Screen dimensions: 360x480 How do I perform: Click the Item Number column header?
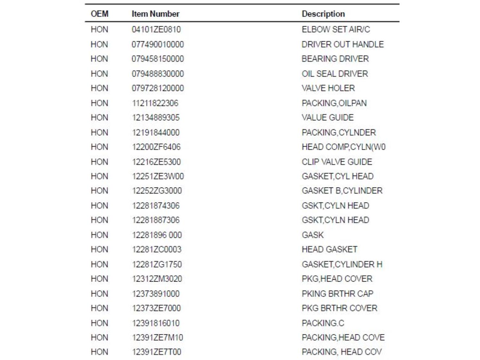(155, 14)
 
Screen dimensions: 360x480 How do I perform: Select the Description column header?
(323, 14)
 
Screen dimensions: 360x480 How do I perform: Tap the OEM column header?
(100, 14)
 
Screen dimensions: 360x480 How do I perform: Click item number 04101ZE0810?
(156, 29)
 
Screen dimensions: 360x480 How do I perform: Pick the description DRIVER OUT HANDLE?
(342, 44)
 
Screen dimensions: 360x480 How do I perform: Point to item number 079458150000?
(158, 59)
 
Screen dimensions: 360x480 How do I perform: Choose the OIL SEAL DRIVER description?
(335, 74)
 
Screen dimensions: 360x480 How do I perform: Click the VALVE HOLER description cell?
(328, 88)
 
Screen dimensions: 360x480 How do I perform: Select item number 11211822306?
(155, 103)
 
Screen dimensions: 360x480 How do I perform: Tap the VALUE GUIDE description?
(327, 117)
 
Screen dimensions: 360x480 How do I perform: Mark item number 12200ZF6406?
(156, 147)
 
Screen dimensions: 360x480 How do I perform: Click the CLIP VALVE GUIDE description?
(337, 162)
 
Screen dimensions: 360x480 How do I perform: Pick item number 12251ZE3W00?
(158, 176)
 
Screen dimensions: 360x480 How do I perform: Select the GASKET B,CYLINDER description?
(342, 191)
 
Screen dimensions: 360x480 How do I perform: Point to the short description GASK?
(313, 235)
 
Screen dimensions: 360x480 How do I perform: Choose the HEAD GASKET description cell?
(329, 249)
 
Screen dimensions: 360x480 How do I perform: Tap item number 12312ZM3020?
(157, 279)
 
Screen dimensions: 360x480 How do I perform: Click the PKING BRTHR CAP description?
(337, 293)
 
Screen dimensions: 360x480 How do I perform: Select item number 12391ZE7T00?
(156, 352)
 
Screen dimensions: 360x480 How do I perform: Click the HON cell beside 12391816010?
(100, 323)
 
